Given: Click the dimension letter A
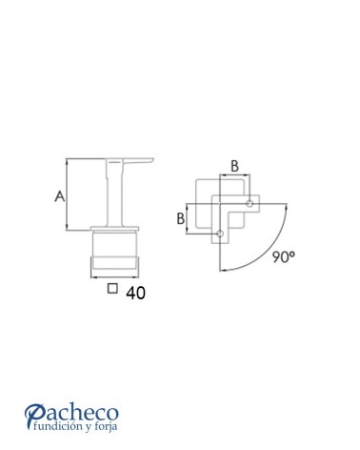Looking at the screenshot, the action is pyautogui.click(x=60, y=196).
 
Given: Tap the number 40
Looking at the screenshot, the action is pyautogui.click(x=135, y=293).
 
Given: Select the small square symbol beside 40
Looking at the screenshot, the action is pyautogui.click(x=112, y=288).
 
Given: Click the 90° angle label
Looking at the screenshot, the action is pyautogui.click(x=284, y=256).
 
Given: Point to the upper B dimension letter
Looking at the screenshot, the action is pyautogui.click(x=234, y=166).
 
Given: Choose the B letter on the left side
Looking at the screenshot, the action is pyautogui.click(x=181, y=218).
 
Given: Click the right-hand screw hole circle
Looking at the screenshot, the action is pyautogui.click(x=250, y=203).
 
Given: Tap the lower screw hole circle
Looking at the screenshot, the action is pyautogui.click(x=220, y=234).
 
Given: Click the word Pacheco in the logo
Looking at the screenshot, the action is pyautogui.click(x=71, y=413).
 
